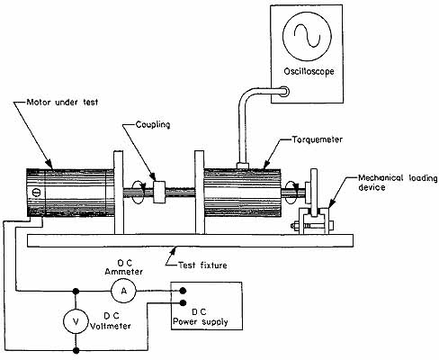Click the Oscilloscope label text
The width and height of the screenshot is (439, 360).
pyautogui.click(x=309, y=72)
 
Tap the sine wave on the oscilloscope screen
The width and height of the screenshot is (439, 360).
pyautogui.click(x=308, y=35)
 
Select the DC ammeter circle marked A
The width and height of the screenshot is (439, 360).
pyautogui.click(x=123, y=291)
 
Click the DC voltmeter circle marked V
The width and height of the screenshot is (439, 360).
pyautogui.click(x=76, y=321)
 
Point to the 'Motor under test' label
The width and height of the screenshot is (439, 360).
pyautogui.click(x=62, y=103)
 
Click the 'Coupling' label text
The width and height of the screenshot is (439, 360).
pyautogui.click(x=153, y=124)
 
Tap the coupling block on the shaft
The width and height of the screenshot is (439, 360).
pyautogui.click(x=159, y=192)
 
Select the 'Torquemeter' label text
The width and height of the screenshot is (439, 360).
pyautogui.click(x=318, y=139)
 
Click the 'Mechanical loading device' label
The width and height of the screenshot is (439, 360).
pyautogui.click(x=398, y=183)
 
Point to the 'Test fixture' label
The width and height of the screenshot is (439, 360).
pyautogui.click(x=202, y=265)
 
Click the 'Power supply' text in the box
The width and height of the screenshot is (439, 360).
pyautogui.click(x=201, y=322)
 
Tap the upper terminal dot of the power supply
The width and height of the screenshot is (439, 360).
pyautogui.click(x=183, y=291)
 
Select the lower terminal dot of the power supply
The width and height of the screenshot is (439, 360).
pyautogui.click(x=184, y=302)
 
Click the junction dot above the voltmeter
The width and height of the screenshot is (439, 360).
pyautogui.click(x=76, y=291)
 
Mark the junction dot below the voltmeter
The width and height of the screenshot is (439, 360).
pyautogui.click(x=76, y=350)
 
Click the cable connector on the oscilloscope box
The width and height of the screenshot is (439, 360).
pyautogui.click(x=284, y=92)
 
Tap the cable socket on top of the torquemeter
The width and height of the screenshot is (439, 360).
pyautogui.click(x=242, y=166)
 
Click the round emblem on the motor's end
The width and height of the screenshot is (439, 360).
pyautogui.click(x=36, y=193)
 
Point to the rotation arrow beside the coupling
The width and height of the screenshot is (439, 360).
pyautogui.click(x=139, y=192)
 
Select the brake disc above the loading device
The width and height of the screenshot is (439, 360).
pyautogui.click(x=314, y=192)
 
